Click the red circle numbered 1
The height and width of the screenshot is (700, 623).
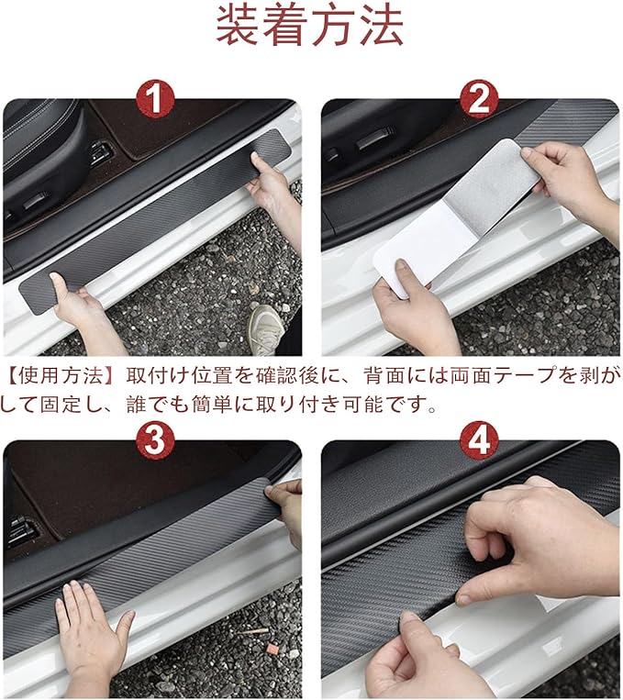tap(155, 99)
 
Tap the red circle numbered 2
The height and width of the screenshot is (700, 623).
tap(479, 99)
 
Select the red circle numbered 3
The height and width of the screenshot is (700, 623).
tap(155, 439)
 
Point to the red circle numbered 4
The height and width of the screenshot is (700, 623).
tap(479, 439)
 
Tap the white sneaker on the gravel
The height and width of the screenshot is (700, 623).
tap(266, 329)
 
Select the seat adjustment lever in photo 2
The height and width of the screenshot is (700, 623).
tap(375, 139)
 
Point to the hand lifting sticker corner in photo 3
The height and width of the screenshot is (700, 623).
tap(286, 509)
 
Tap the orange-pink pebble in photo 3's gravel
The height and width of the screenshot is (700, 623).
tap(270, 648)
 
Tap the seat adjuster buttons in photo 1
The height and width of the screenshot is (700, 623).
tap(101, 151)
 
